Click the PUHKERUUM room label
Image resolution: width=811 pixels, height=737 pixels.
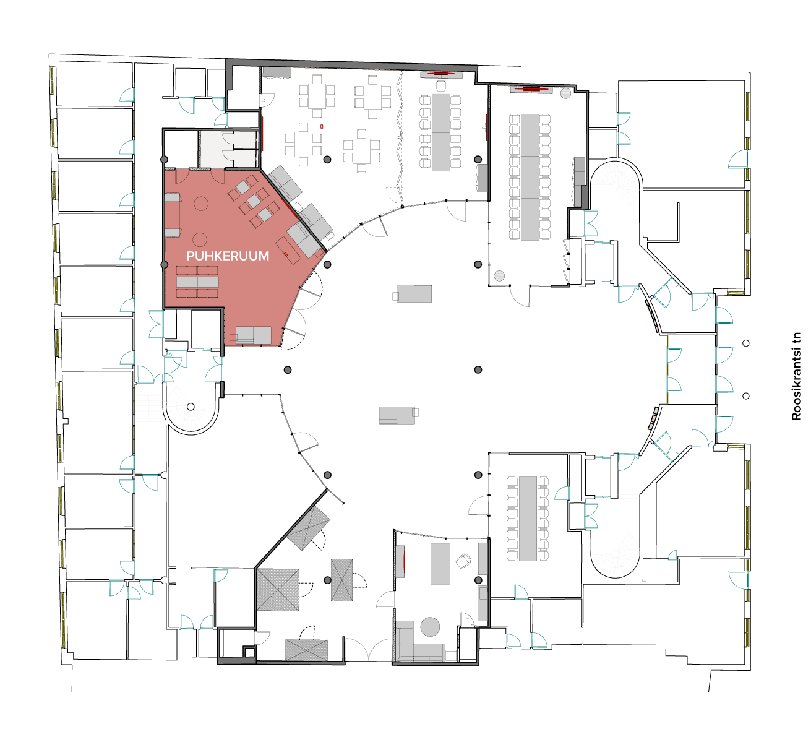228,256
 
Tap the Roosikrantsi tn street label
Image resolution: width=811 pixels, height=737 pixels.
796,376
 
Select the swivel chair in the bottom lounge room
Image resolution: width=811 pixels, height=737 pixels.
463,561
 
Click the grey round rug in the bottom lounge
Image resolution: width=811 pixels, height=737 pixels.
430,627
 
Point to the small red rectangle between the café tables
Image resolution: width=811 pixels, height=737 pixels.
322,127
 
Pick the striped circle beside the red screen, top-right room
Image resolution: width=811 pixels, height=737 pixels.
565,93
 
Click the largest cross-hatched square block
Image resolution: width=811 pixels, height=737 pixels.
278,589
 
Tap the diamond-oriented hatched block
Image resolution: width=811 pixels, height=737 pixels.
309,528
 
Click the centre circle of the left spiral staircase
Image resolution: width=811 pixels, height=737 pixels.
191,407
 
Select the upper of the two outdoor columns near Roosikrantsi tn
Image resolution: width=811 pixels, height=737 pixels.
746,343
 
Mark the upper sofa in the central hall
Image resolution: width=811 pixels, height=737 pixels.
412,293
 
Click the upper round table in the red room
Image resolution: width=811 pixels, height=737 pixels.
201,204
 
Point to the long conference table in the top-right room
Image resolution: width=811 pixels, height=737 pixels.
530,177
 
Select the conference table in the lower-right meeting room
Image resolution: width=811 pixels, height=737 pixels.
528,519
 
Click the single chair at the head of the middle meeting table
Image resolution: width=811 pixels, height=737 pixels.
440,86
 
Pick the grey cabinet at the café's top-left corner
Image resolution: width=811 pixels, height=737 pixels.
277,72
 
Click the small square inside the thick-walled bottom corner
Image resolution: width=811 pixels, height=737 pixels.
249,652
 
